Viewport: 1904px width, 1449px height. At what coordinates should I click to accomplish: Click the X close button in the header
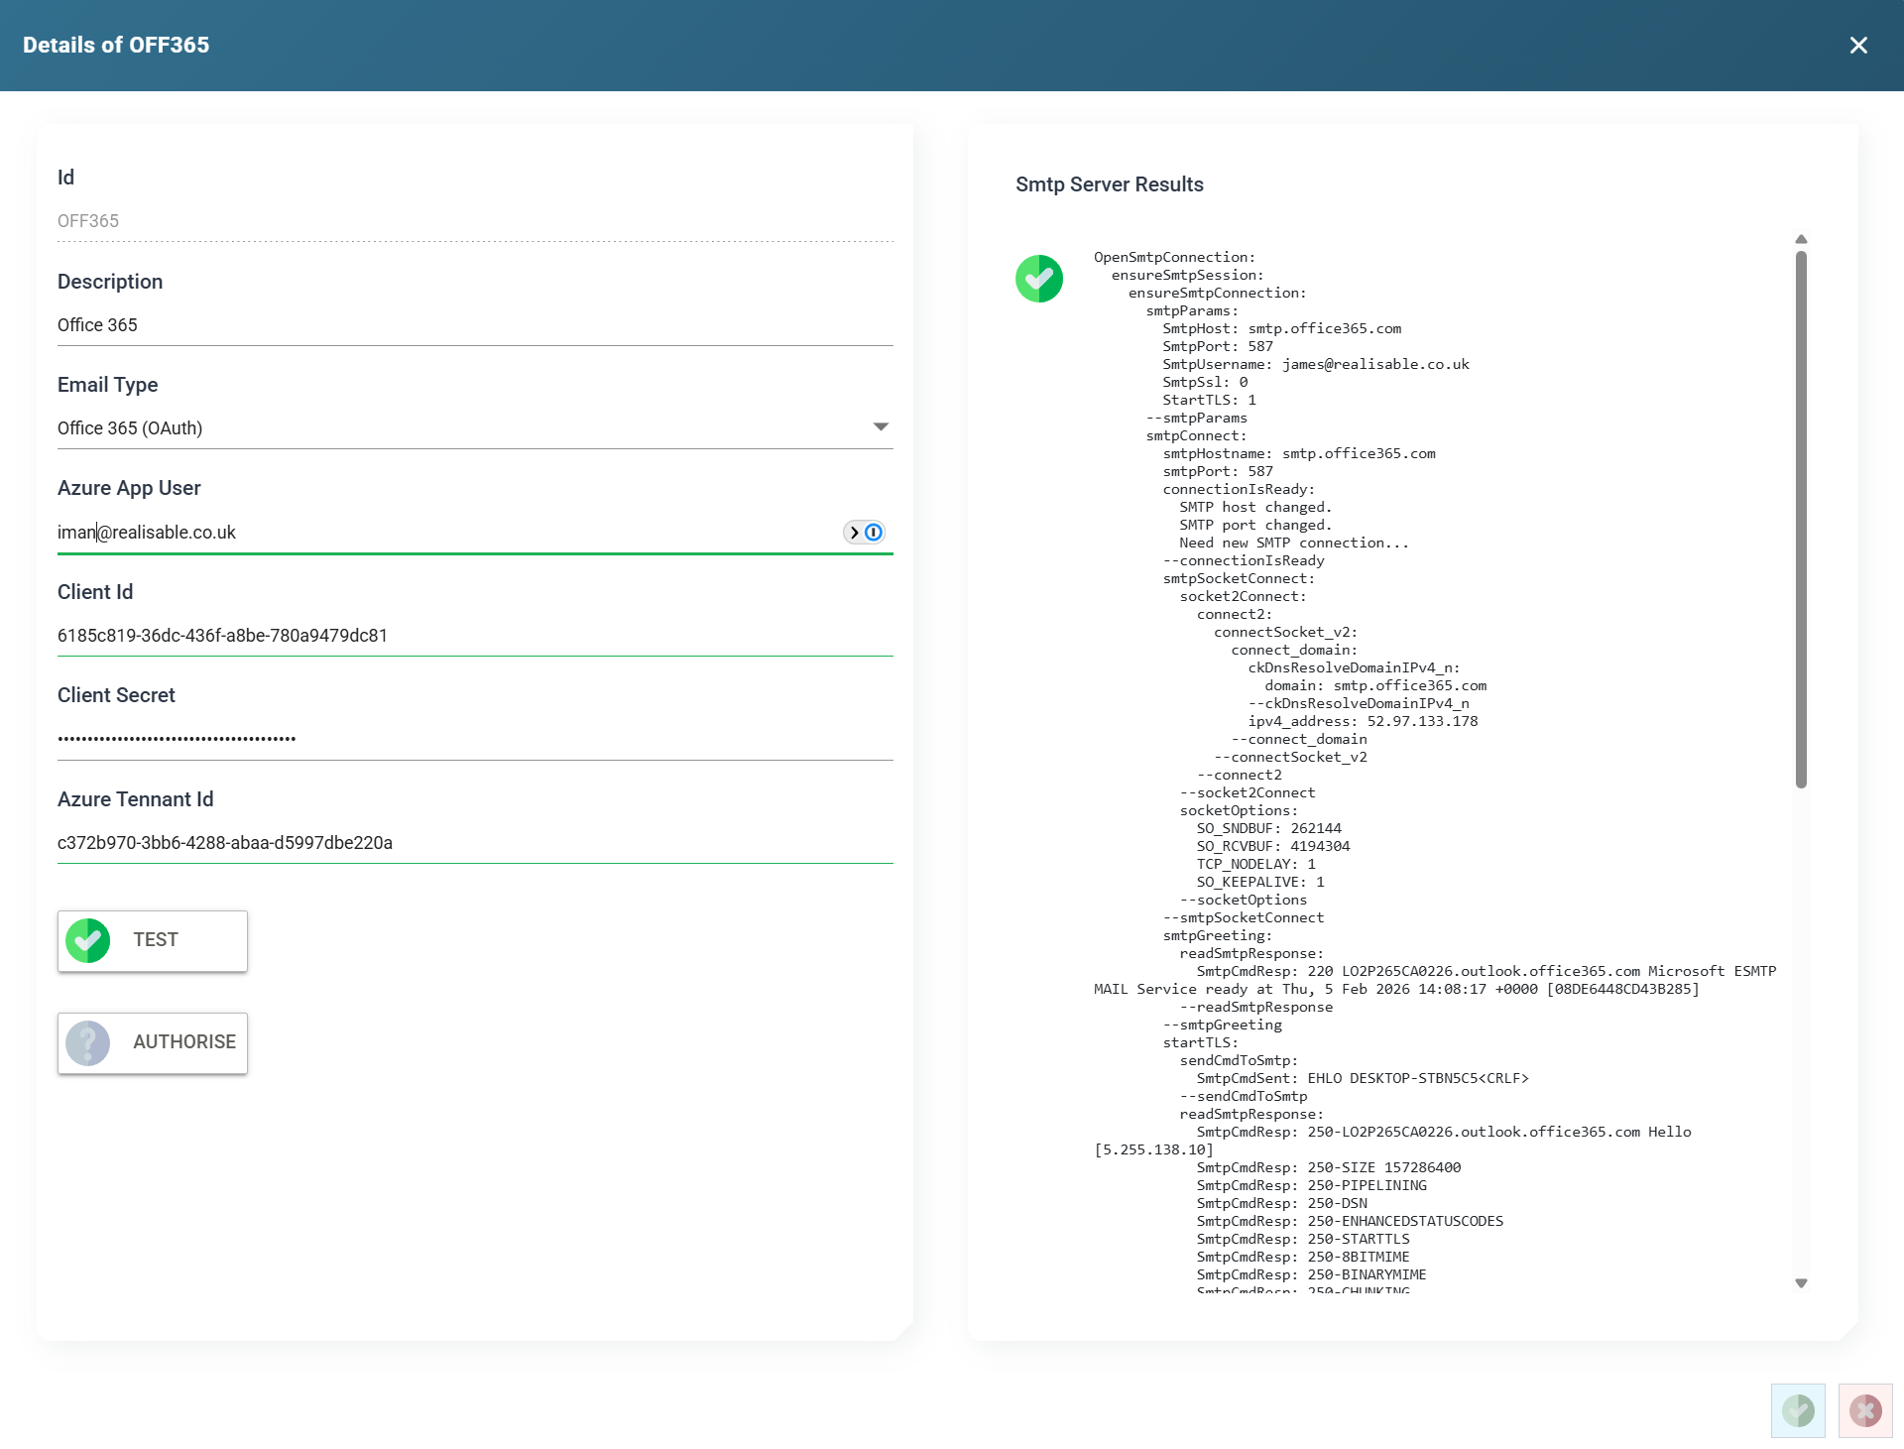[x=1858, y=46]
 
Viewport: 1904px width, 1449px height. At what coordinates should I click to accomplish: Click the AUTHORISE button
[x=153, y=1042]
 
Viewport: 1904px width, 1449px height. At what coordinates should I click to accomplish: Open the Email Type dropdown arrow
[x=881, y=427]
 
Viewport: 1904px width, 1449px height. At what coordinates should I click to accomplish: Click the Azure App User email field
[x=446, y=533]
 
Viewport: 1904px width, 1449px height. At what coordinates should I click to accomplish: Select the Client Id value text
[x=222, y=636]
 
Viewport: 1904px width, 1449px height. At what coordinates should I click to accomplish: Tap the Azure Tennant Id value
[x=225, y=843]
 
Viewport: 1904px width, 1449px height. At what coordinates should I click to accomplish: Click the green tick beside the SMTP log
[x=1039, y=279]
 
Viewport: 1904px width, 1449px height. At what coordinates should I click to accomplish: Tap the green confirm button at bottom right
[x=1798, y=1410]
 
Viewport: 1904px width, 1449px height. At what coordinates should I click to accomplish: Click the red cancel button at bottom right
[x=1865, y=1410]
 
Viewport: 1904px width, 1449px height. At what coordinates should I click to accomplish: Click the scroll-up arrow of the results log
[x=1802, y=239]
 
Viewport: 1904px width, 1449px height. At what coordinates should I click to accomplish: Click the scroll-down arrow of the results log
[x=1802, y=1283]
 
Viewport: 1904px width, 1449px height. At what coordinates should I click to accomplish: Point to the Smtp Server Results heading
[x=1110, y=184]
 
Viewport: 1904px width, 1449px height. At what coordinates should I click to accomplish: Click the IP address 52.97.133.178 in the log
[x=1422, y=722]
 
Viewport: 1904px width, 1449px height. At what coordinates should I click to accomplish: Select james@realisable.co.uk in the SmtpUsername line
[x=1375, y=365]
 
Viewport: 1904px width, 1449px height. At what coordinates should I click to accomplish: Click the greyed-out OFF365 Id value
[x=88, y=221]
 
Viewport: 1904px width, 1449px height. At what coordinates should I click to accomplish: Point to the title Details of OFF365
[x=116, y=46]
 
